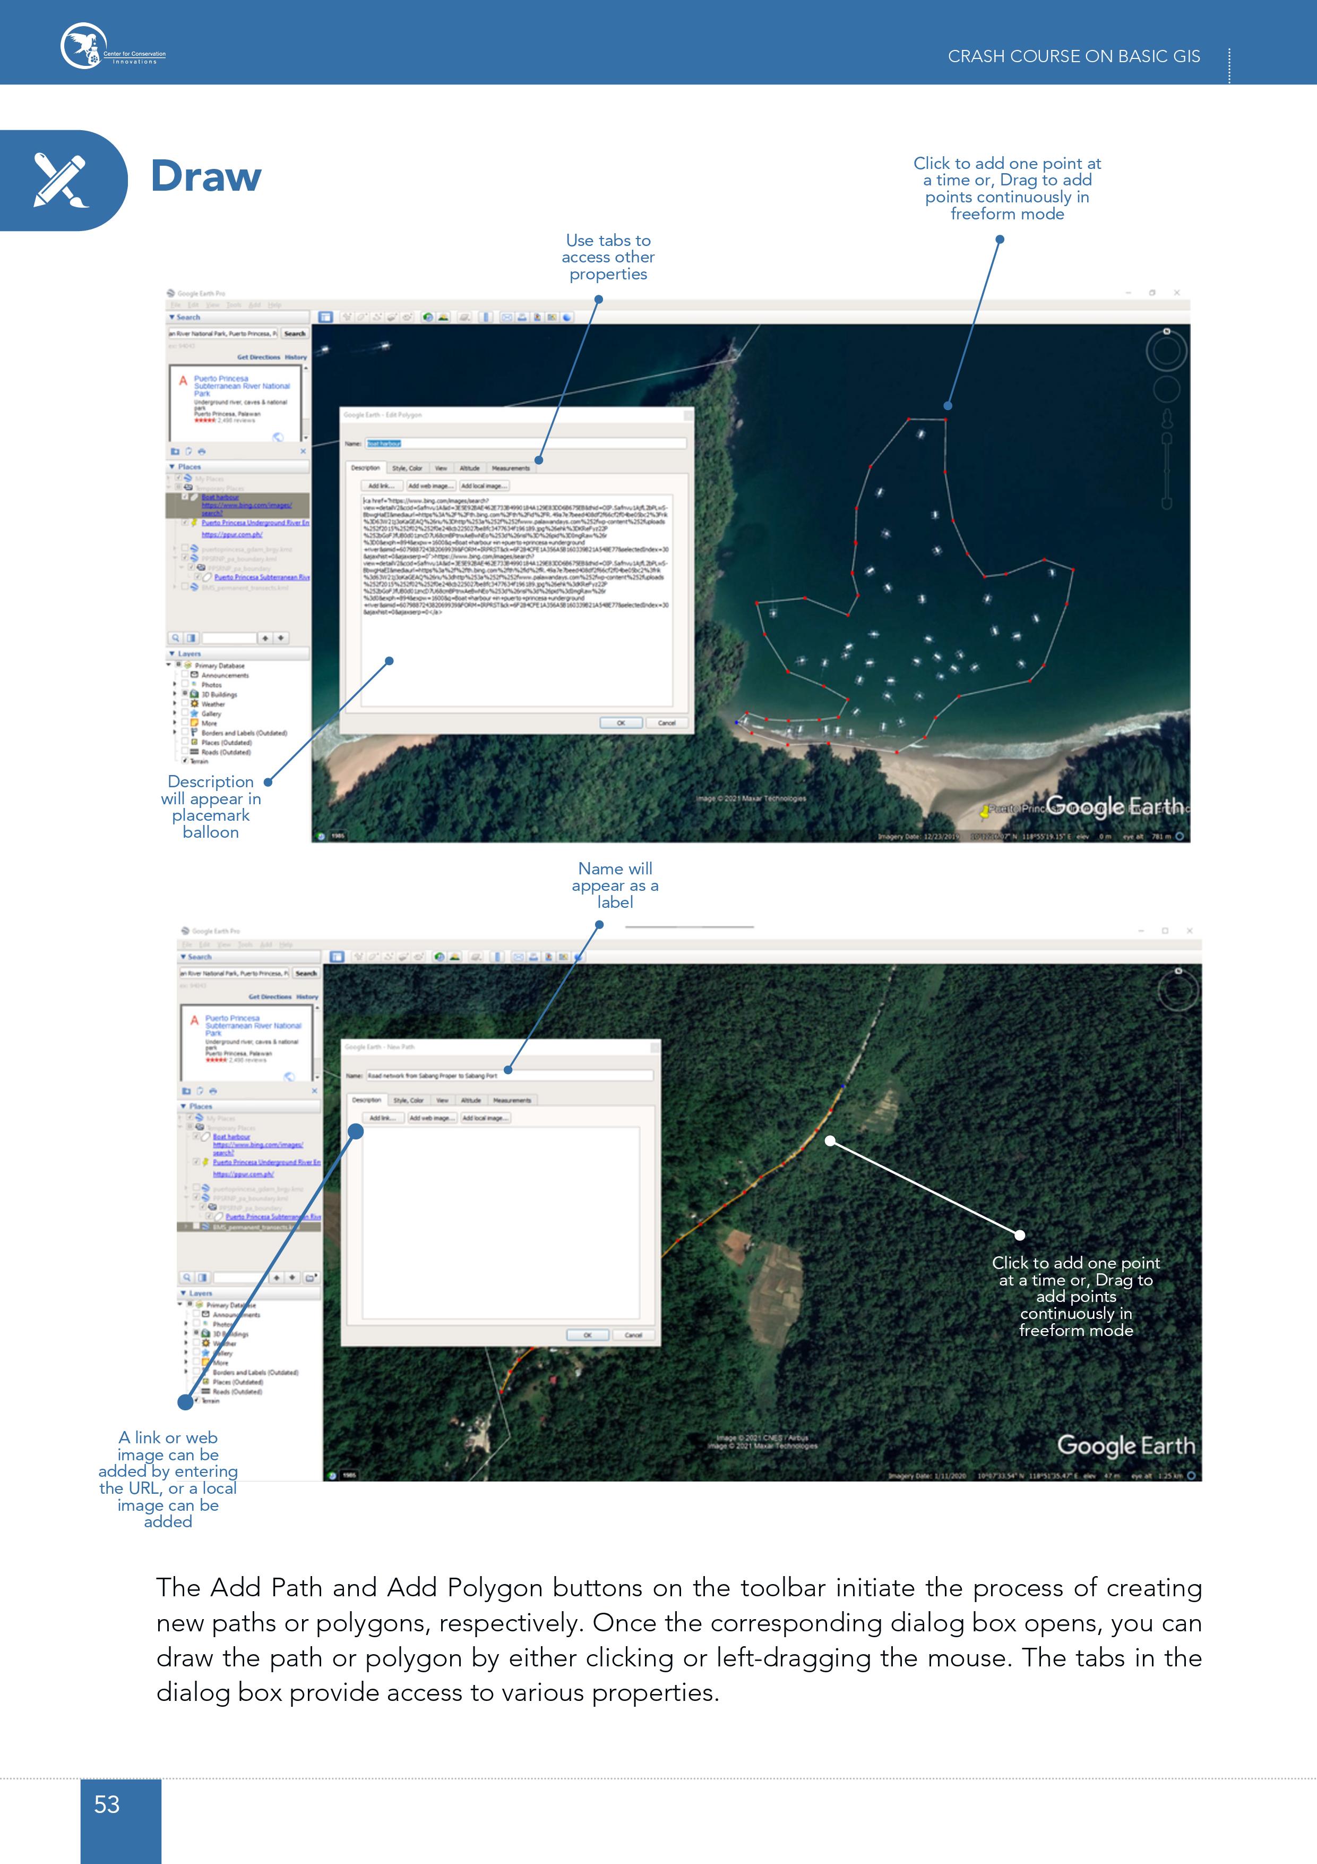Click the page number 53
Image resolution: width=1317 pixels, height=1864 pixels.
pyautogui.click(x=107, y=1804)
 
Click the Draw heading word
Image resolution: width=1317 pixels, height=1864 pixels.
pyautogui.click(x=206, y=177)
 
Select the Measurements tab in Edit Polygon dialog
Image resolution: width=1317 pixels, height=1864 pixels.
pyautogui.click(x=511, y=469)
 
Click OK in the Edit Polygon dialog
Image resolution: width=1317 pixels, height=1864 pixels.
pyautogui.click(x=621, y=722)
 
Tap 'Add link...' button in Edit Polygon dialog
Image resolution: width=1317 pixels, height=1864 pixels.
pyautogui.click(x=381, y=486)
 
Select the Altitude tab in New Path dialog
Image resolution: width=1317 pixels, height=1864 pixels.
pyautogui.click(x=471, y=1100)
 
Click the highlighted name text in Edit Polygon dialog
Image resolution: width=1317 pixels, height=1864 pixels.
pyautogui.click(x=384, y=443)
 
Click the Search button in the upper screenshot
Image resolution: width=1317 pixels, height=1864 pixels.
pyautogui.click(x=295, y=334)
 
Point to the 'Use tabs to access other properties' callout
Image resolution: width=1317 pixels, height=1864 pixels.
pyautogui.click(x=608, y=257)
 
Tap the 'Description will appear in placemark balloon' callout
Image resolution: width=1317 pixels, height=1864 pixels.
pyautogui.click(x=211, y=806)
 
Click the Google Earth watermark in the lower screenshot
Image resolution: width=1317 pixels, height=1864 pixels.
pyautogui.click(x=1125, y=1446)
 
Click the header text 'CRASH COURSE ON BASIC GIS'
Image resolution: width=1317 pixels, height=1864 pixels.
pyautogui.click(x=1073, y=56)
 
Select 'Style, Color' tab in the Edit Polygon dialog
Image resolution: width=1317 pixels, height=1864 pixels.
pyautogui.click(x=407, y=469)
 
